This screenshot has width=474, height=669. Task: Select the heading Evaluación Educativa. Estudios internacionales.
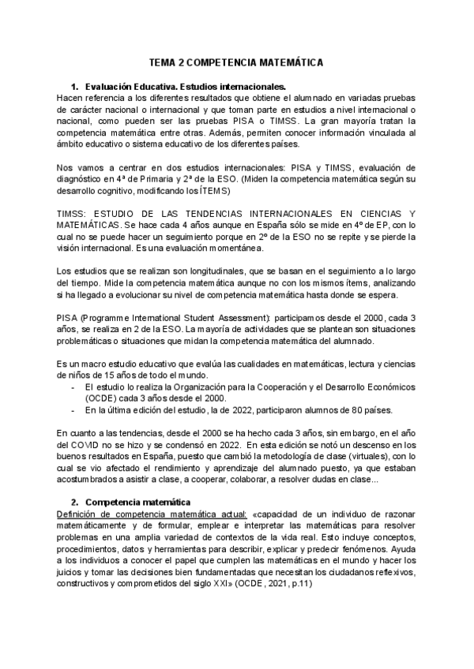click(x=185, y=85)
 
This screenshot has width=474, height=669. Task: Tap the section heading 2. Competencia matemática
click(x=137, y=502)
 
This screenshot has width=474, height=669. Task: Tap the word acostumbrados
click(x=92, y=480)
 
